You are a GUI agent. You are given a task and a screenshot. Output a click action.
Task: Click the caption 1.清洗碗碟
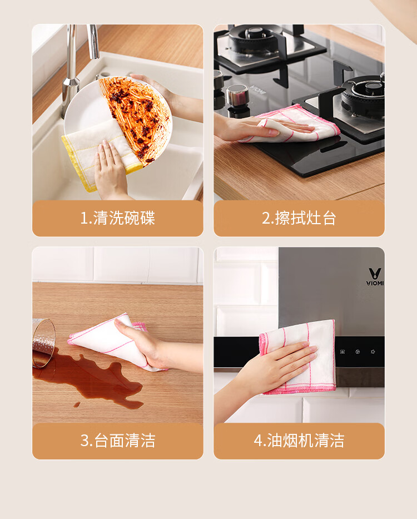point(117,218)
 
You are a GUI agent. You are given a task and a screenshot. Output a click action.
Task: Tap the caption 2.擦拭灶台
point(299,218)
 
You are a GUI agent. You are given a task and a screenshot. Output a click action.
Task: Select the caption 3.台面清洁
point(117,441)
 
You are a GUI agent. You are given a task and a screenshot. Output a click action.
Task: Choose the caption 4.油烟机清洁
point(299,441)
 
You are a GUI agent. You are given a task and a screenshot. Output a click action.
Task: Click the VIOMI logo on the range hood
point(375,276)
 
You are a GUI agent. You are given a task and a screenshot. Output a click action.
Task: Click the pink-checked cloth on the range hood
point(298,357)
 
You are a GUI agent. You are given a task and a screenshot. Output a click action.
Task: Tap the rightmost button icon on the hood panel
point(373,352)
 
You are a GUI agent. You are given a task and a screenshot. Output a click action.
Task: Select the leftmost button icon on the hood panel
point(342,352)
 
